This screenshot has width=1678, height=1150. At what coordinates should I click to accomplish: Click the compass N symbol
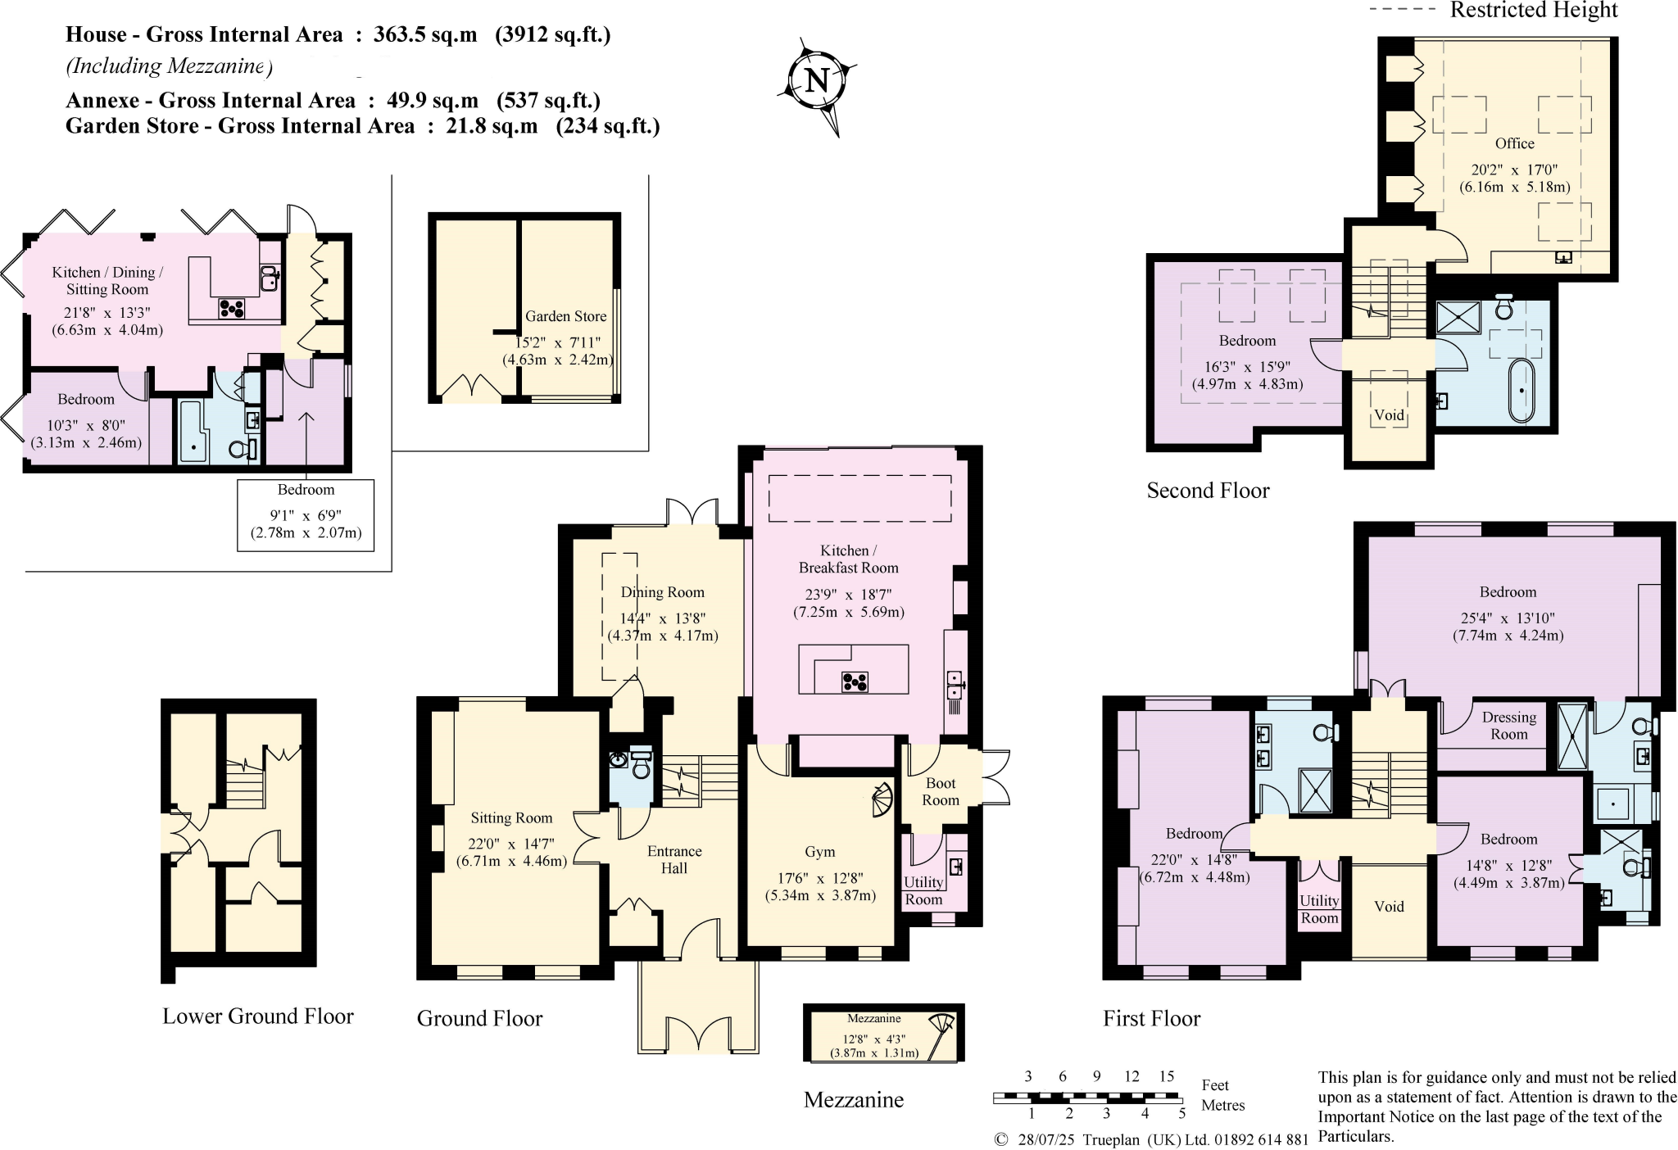click(x=817, y=81)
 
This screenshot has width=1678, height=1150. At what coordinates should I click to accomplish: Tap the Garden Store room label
click(x=565, y=316)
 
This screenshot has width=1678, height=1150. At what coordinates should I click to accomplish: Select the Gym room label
click(x=819, y=852)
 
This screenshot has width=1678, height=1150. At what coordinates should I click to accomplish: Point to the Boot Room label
click(x=940, y=791)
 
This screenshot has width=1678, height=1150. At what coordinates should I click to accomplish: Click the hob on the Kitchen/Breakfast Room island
click(x=855, y=681)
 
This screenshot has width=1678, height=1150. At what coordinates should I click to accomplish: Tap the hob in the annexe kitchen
click(x=232, y=307)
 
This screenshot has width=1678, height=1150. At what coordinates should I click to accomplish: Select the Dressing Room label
click(x=1508, y=726)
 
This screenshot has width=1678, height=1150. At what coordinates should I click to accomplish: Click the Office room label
click(x=1514, y=143)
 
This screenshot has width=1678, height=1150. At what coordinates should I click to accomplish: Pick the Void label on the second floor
click(x=1389, y=415)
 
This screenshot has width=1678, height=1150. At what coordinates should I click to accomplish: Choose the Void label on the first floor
click(x=1389, y=906)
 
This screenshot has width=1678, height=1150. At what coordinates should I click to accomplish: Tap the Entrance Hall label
click(x=673, y=859)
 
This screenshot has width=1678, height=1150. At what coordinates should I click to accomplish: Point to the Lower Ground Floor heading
click(x=257, y=1016)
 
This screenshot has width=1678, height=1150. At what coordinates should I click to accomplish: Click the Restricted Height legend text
click(x=1533, y=11)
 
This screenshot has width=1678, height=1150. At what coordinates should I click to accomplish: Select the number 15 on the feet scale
click(x=1166, y=1076)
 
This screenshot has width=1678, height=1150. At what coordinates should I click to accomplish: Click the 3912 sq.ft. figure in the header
click(x=552, y=35)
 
